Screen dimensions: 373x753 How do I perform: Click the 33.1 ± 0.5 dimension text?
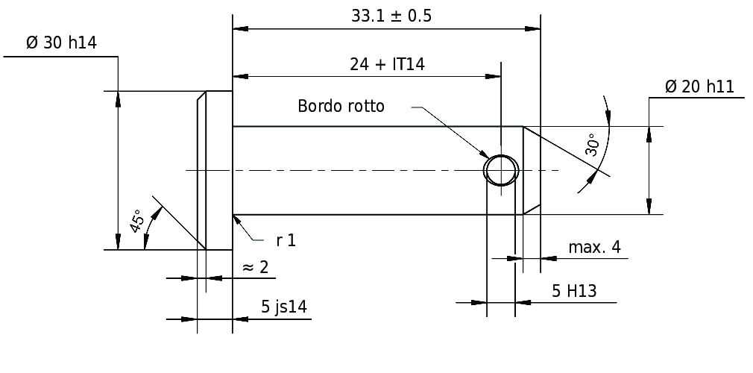pos(391,16)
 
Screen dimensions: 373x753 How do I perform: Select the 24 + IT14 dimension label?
pos(387,64)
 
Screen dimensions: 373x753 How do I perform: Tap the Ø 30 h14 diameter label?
pos(61,43)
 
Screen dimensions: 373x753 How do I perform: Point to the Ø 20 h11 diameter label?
pos(699,87)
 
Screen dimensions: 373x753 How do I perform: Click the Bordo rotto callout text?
pos(341,106)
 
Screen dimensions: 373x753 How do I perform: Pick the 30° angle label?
pos(592,145)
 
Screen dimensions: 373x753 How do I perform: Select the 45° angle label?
pos(137,222)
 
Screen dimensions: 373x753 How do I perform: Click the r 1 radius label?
pos(286,240)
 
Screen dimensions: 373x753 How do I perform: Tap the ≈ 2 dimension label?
pos(256,267)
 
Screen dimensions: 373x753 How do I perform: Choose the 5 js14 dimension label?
pos(284,306)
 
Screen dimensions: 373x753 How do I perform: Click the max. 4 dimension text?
pos(594,248)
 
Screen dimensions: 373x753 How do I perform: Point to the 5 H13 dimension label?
pos(574,292)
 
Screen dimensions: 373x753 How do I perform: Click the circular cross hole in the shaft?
pos(500,170)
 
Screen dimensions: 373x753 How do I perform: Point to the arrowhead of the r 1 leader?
pos(237,219)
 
